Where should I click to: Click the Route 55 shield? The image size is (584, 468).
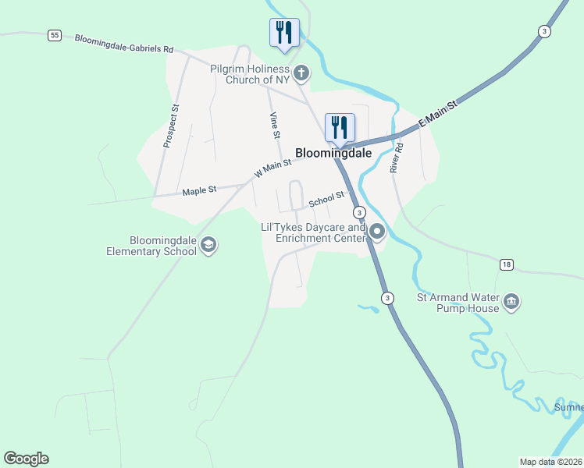54,35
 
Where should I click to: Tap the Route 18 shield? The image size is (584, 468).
507,265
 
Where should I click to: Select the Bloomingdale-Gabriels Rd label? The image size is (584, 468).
123,43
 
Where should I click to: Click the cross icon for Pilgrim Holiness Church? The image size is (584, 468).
301,73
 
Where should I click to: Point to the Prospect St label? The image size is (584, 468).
171,126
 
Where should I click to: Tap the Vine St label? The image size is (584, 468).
275,126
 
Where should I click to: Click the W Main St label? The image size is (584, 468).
272,168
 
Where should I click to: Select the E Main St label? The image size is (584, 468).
437,114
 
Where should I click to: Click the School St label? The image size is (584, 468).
326,200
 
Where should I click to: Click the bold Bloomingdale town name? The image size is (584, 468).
333,154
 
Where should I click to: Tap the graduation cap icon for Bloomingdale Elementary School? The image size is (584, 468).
208,246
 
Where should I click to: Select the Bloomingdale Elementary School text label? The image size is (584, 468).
151,246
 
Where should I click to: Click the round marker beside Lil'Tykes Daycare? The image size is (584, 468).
377,232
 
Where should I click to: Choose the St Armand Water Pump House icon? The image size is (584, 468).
511,302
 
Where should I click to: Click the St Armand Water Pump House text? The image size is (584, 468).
458,303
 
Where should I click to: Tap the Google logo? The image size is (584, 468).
27,459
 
